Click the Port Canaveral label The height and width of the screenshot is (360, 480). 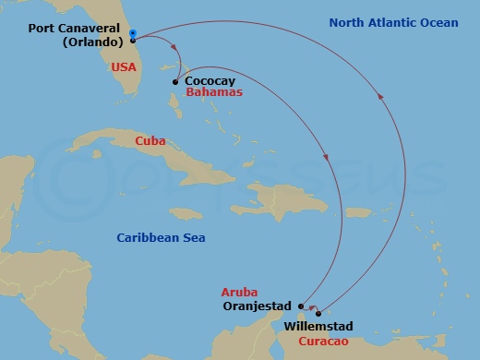tap(77, 29)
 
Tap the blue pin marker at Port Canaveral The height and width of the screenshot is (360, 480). tap(133, 35)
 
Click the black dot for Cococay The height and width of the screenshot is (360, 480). tap(175, 81)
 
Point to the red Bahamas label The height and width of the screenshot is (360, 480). tap(213, 93)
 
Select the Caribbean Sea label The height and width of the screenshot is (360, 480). tap(161, 238)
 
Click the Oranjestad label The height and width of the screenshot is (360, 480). tap(258, 306)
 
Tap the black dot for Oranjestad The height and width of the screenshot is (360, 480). tap(302, 306)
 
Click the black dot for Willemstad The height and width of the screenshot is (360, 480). tap(318, 313)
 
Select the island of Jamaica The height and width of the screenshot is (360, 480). tap(186, 213)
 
